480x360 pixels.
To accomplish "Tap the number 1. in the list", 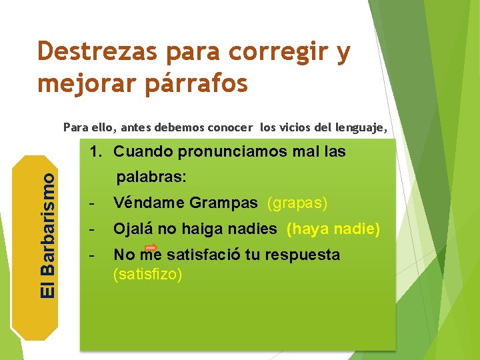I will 98,152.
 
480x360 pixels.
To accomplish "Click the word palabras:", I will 151,179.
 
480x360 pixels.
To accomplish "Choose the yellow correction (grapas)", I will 297,203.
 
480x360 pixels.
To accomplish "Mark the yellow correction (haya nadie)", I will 333,229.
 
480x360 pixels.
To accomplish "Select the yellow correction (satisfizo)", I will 147,274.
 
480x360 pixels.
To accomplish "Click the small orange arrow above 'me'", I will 151,247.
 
